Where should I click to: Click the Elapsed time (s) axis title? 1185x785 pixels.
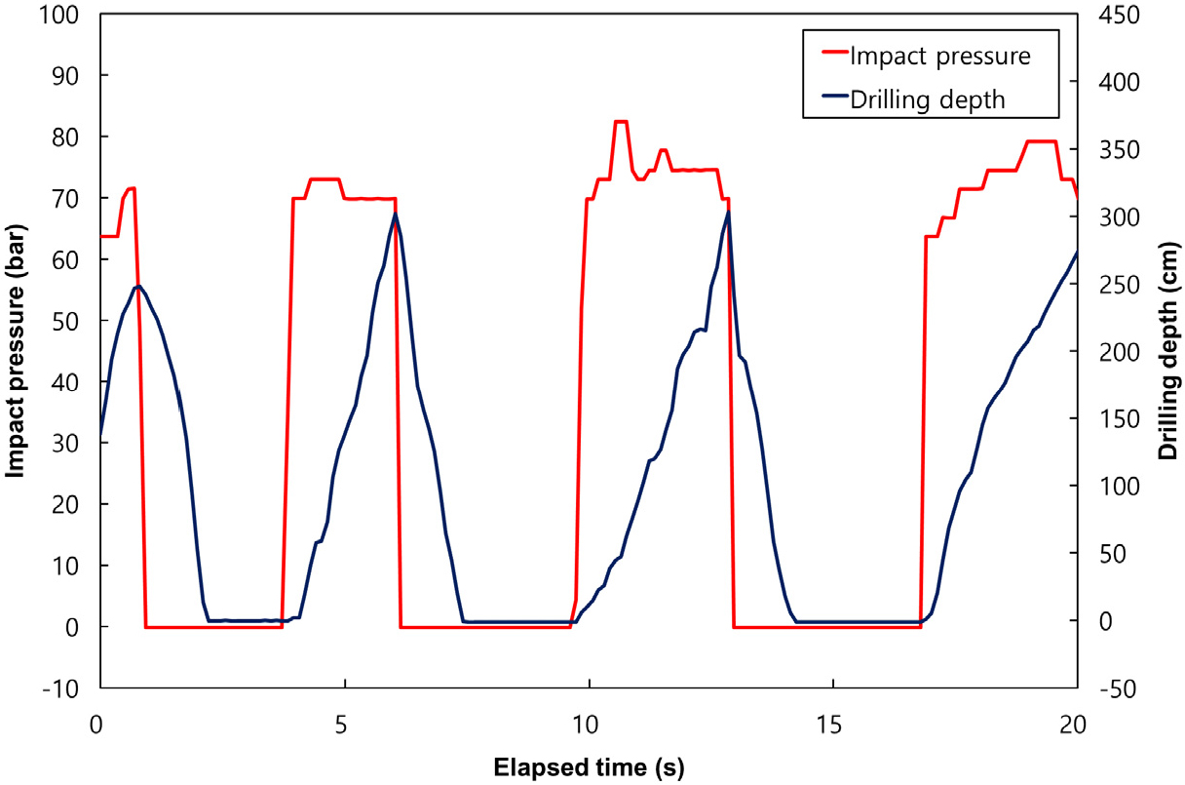tap(588, 766)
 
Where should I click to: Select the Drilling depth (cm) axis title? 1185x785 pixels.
tap(1167, 351)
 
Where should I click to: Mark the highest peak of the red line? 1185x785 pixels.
tap(621, 122)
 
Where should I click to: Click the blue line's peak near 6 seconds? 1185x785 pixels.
tap(395, 214)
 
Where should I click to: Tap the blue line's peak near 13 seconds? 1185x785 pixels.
tap(727, 212)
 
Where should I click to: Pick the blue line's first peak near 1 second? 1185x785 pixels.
tap(137, 286)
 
